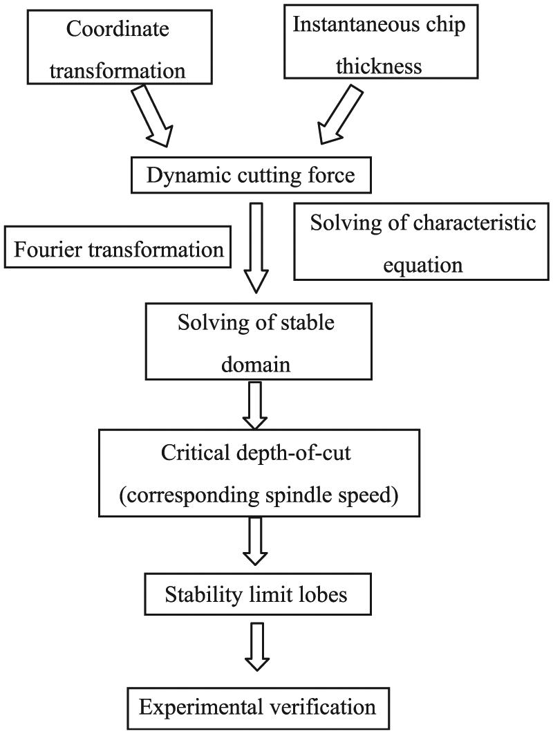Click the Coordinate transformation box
pos(120,47)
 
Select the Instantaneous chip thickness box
pos(381,42)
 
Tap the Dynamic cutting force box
pos(251,175)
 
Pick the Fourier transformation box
pos(118,247)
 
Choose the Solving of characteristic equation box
pos(421,241)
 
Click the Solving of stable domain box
pos(259,341)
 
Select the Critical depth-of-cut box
pos(259,472)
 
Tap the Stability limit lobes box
pos(258,594)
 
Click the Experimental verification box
pos(259,708)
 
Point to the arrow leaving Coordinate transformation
pos(151,116)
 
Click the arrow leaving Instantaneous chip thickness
pos(340,115)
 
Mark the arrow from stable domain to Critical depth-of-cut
pos(256,405)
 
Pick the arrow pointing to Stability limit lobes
pos(256,542)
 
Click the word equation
pos(423,266)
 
